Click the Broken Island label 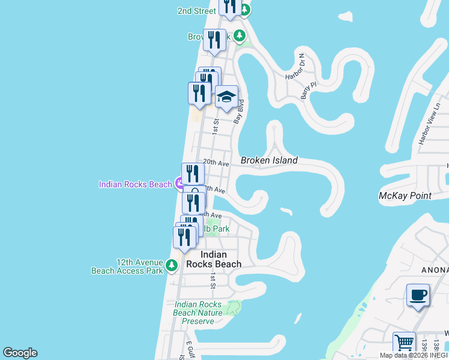point(269,161)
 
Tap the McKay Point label point(406,196)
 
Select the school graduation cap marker point(226,97)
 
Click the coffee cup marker point(418,295)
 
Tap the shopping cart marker point(404,344)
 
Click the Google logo point(20,353)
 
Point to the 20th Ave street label point(216,163)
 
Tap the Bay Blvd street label point(239,112)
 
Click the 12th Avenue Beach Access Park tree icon point(172,264)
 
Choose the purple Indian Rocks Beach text point(136,184)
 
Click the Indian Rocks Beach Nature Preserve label point(197,313)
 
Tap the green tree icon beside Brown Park point(240,37)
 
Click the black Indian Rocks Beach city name point(214,259)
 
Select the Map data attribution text point(414,355)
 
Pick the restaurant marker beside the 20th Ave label point(193,173)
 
